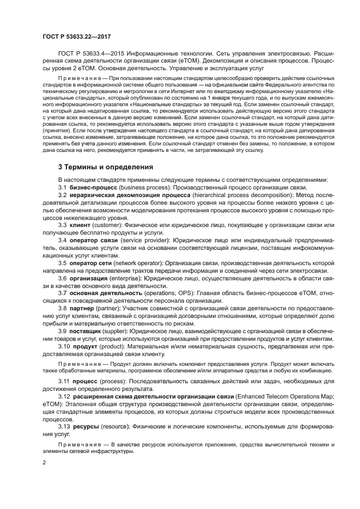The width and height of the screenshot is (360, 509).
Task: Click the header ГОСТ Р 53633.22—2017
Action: tap(75, 36)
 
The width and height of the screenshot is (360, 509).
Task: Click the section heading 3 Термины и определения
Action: tap(106, 167)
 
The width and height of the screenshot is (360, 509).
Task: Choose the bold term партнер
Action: tap(83, 308)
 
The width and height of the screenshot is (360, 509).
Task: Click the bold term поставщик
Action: tap(86, 330)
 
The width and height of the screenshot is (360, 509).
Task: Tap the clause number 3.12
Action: tap(64, 398)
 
